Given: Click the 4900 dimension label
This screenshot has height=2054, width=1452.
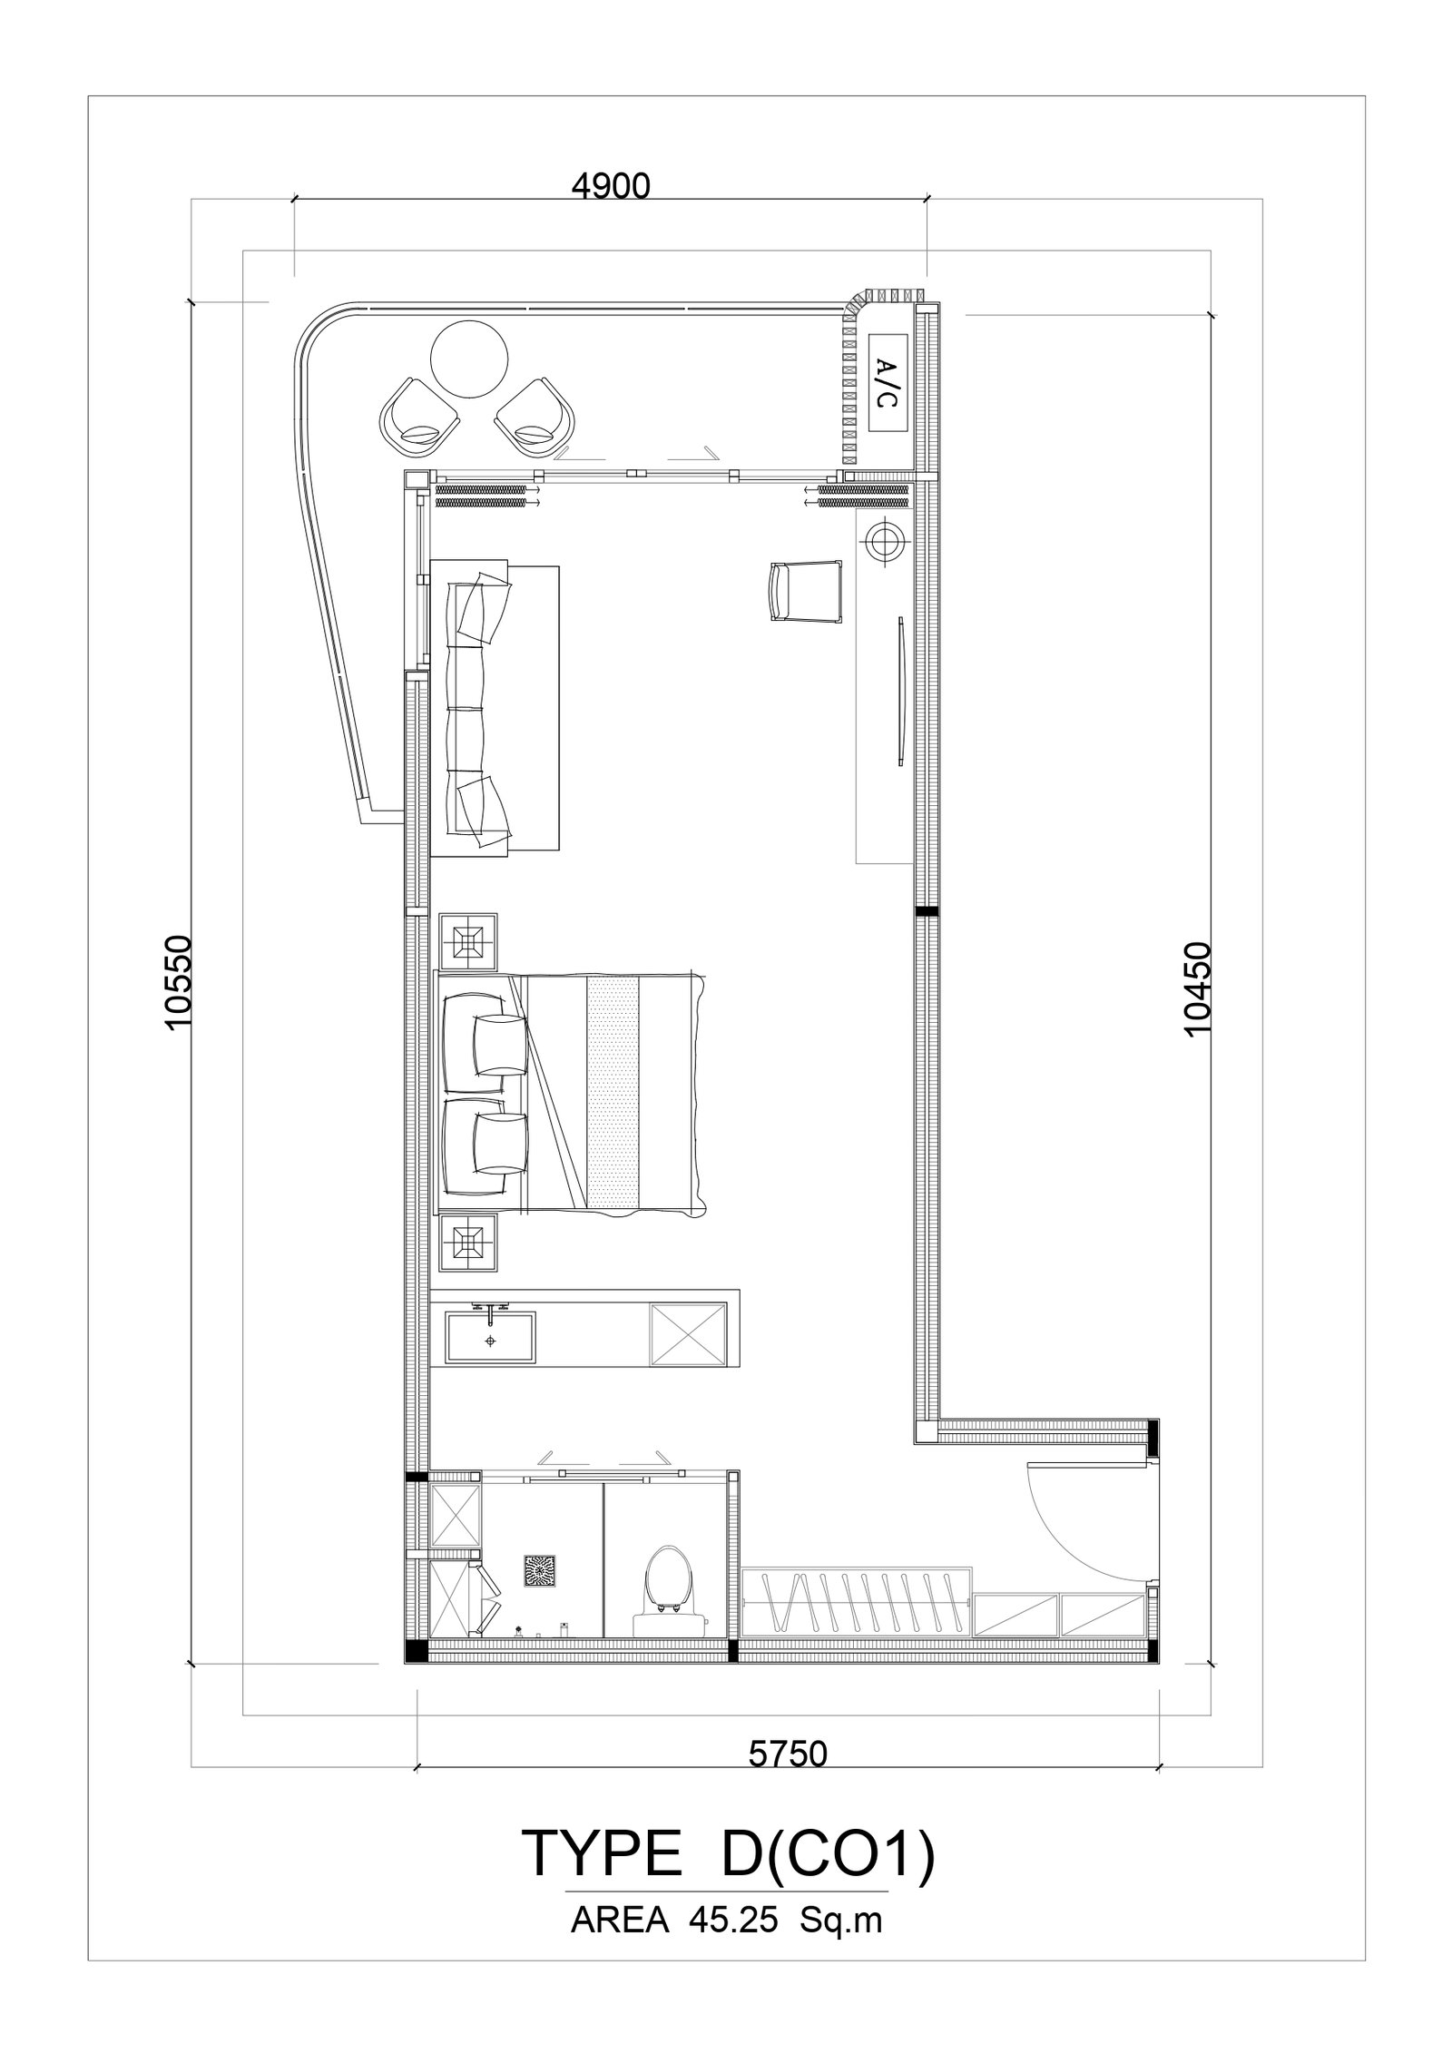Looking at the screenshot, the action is coord(611,186).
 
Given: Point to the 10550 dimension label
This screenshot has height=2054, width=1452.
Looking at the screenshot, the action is coord(180,981).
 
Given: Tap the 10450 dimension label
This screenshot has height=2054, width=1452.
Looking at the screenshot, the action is coord(1198,989).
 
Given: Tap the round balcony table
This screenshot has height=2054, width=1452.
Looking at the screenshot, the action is coord(469,360).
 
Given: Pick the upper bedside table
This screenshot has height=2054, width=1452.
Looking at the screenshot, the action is coord(468,941).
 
